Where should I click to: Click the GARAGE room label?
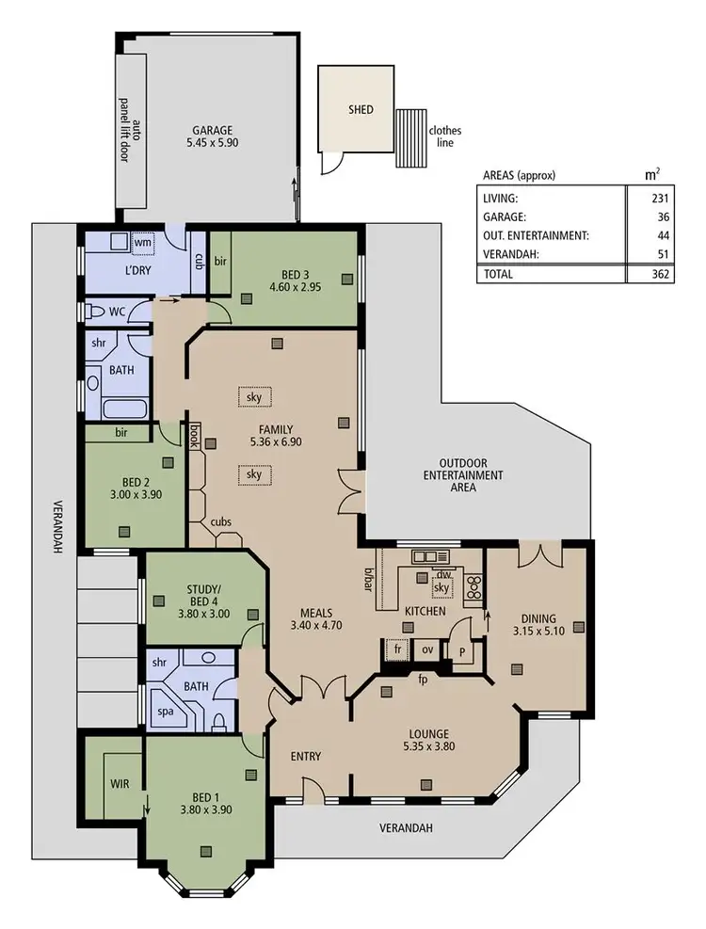[213, 131]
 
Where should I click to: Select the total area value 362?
[659, 275]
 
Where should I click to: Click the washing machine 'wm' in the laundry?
[143, 243]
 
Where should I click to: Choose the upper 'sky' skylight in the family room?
[253, 397]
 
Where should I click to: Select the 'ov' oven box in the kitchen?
[426, 649]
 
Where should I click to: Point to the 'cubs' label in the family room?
[221, 522]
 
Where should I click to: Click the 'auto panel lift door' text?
[130, 132]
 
